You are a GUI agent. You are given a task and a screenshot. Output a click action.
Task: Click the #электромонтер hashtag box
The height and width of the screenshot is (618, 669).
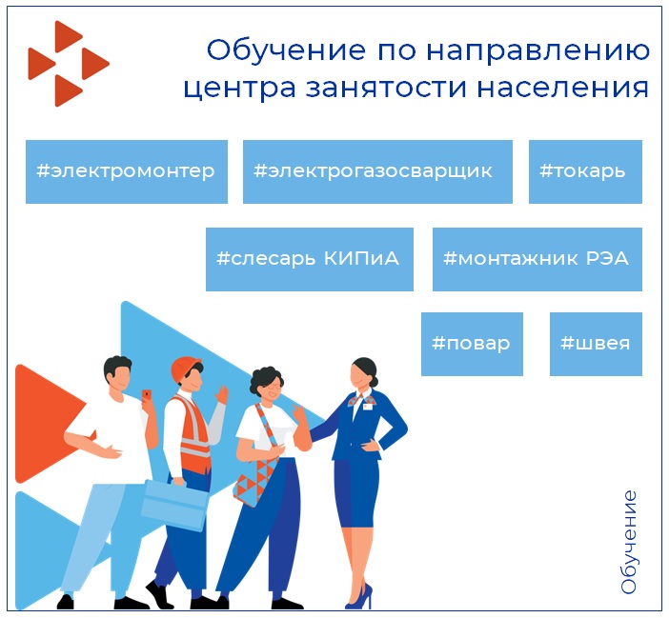127,171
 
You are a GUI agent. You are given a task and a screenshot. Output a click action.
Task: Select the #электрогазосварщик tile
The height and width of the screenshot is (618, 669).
377,171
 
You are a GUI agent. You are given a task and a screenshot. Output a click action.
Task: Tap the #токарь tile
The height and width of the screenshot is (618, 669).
585,171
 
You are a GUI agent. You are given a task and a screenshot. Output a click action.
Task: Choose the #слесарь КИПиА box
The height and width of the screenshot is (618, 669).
310,259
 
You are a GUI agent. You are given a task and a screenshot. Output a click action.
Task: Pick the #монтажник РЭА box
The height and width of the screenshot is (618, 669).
537,259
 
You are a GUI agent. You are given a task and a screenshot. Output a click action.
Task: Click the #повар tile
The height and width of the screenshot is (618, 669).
472,344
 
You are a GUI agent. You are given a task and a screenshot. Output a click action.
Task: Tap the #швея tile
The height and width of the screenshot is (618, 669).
596,344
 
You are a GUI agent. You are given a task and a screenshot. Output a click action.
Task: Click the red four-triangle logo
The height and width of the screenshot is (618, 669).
69,64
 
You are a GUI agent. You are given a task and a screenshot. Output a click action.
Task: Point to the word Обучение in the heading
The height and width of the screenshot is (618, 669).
286,50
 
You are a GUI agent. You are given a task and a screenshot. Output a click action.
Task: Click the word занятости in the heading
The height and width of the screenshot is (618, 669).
386,88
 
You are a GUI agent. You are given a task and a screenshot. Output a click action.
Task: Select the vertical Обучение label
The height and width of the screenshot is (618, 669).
628,542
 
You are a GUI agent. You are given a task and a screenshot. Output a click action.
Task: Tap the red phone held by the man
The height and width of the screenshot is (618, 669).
147,394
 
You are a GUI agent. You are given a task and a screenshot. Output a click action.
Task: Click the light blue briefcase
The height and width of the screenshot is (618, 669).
175,505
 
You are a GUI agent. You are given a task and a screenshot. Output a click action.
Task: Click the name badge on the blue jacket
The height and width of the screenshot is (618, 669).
368,407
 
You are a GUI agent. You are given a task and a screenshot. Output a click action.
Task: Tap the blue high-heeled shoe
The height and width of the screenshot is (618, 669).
359,597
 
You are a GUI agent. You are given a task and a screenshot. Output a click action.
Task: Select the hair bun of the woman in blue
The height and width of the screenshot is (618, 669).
373,367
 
